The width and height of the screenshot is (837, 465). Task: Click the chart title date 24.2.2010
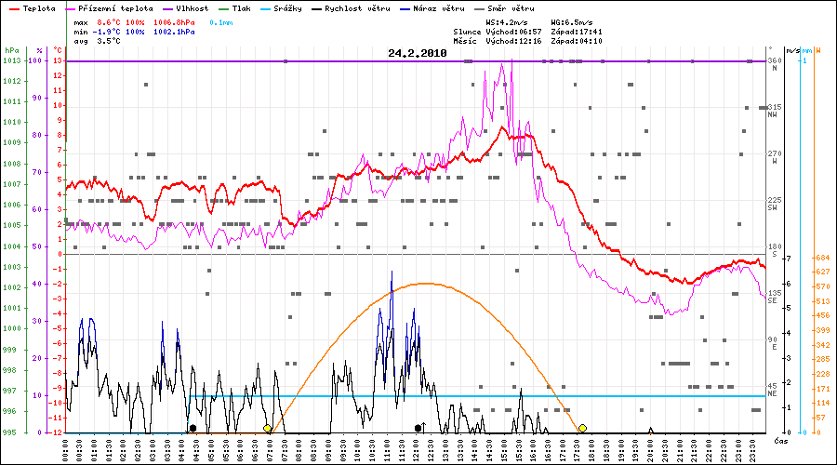[418, 53]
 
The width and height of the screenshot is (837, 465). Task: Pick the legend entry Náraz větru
[439, 7]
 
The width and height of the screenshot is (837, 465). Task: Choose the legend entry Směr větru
[512, 7]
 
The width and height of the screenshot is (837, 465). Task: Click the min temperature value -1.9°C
[107, 32]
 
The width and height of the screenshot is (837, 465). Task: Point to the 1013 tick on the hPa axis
[11, 60]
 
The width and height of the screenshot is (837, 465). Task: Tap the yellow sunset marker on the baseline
[582, 428]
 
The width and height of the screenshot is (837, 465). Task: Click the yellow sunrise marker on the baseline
[268, 428]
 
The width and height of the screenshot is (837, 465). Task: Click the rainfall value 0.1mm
[222, 21]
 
